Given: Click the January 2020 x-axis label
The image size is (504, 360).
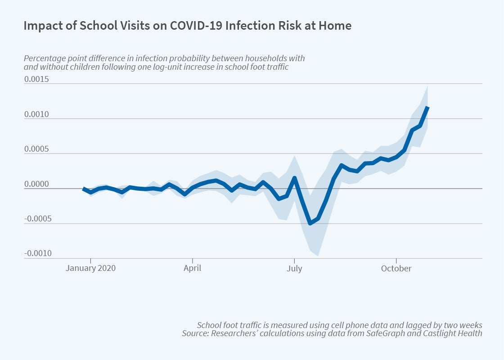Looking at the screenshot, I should [x=90, y=269].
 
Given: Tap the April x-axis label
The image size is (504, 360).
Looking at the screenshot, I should [x=192, y=269].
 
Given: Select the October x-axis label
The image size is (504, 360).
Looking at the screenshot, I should [x=396, y=269].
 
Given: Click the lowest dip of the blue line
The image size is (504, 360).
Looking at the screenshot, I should [x=310, y=223].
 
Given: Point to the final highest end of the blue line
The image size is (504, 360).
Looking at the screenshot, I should [x=428, y=107].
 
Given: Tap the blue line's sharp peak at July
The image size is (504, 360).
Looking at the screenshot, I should [x=294, y=178].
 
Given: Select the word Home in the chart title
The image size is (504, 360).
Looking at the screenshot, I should [x=338, y=26].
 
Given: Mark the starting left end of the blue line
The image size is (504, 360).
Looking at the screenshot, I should [x=83, y=189].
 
